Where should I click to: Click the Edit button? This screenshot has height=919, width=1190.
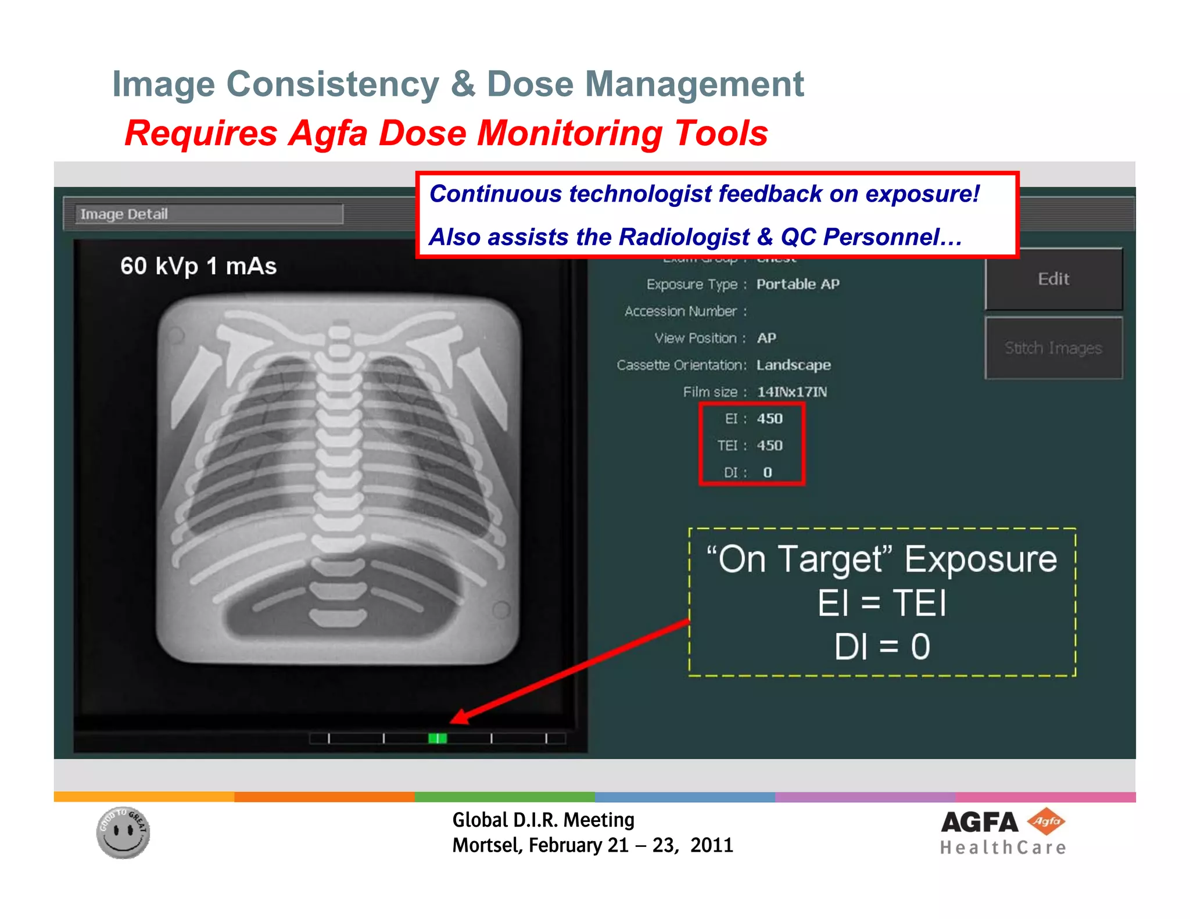point(1053,279)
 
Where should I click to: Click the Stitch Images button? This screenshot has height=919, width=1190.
point(1053,348)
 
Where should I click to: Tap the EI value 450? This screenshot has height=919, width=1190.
point(769,419)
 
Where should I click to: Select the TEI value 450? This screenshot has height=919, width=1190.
point(769,446)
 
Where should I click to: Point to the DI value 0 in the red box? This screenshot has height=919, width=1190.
point(767,472)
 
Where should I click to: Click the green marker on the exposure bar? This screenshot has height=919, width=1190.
point(437,738)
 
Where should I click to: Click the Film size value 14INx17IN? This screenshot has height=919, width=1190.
point(791,392)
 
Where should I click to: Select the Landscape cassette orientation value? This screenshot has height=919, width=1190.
point(793,365)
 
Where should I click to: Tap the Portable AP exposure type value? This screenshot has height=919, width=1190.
point(797,284)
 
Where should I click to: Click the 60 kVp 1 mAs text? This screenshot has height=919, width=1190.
point(198,266)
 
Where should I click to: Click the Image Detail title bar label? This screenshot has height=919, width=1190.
point(124,214)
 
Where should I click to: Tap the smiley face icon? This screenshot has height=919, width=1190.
point(123,832)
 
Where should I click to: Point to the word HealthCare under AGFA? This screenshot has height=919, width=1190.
point(1003,848)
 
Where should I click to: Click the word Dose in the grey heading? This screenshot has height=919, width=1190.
point(521,84)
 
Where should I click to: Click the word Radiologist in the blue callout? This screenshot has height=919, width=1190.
point(684,237)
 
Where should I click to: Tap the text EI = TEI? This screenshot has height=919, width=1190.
point(881,603)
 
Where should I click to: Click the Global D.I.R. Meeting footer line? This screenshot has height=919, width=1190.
point(543,820)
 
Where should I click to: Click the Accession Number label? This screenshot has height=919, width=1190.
point(680,311)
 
